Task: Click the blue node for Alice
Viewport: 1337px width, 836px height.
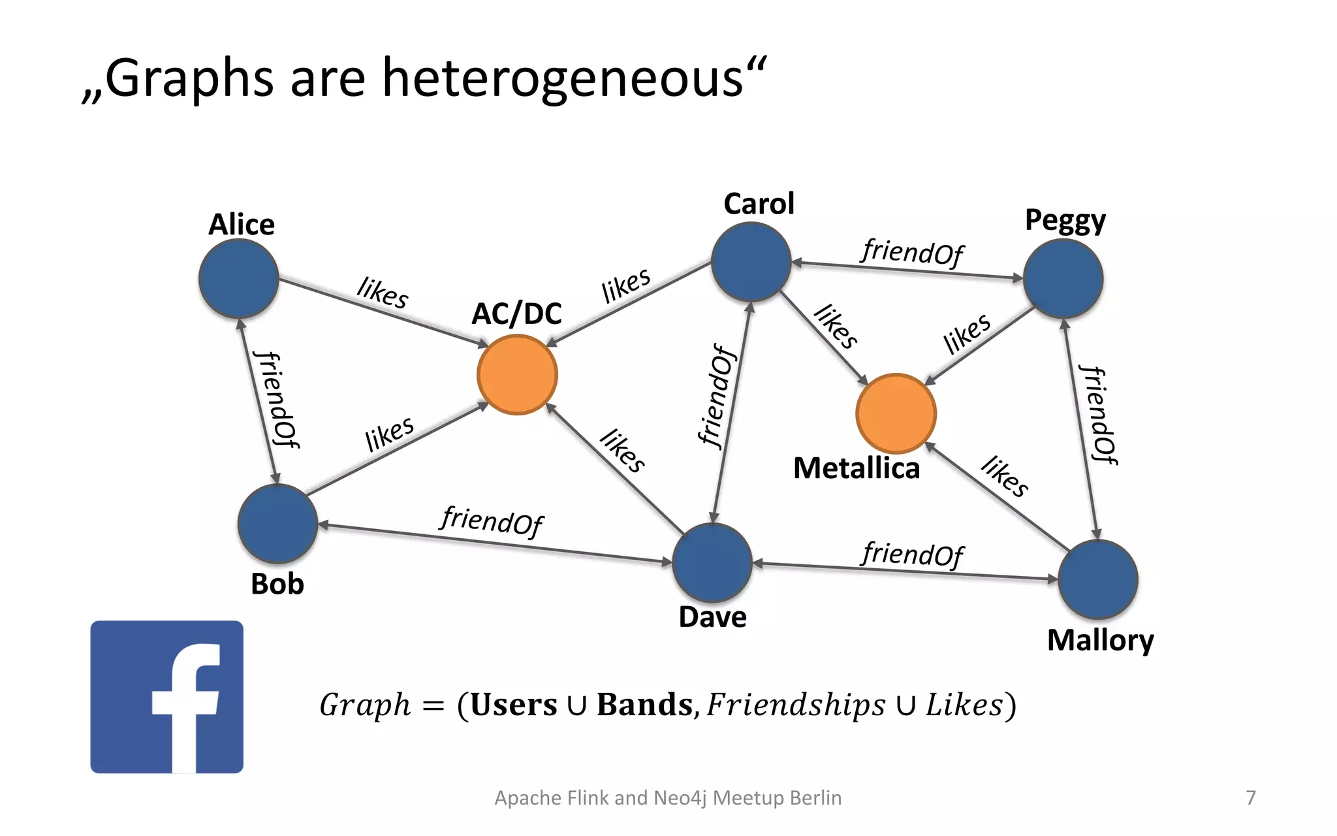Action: (239, 278)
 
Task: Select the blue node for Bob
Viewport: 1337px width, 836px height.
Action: (278, 523)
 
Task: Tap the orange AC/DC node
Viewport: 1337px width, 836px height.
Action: (517, 374)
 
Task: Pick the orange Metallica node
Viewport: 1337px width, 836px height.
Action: (896, 413)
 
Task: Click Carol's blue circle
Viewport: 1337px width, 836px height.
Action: (751, 261)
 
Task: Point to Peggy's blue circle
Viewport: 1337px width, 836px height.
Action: (1063, 278)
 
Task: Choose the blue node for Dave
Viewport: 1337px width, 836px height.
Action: (712, 562)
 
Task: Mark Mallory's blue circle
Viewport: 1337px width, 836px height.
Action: (1097, 579)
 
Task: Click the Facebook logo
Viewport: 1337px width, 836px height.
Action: (167, 697)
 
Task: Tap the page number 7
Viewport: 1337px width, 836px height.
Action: (1251, 797)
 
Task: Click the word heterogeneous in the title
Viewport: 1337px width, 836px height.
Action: (562, 78)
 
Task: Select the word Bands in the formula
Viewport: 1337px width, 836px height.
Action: (644, 705)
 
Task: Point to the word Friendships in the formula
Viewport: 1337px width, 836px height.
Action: (796, 705)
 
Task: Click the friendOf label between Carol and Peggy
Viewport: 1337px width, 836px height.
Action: (911, 251)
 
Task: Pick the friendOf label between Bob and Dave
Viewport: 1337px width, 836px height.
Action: (491, 520)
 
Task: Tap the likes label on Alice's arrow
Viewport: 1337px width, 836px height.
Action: (383, 292)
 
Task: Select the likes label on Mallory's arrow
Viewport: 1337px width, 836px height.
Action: (1005, 476)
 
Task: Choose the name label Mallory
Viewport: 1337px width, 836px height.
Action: (1100, 640)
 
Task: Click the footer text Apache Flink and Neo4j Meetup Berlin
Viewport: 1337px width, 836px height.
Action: (668, 797)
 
